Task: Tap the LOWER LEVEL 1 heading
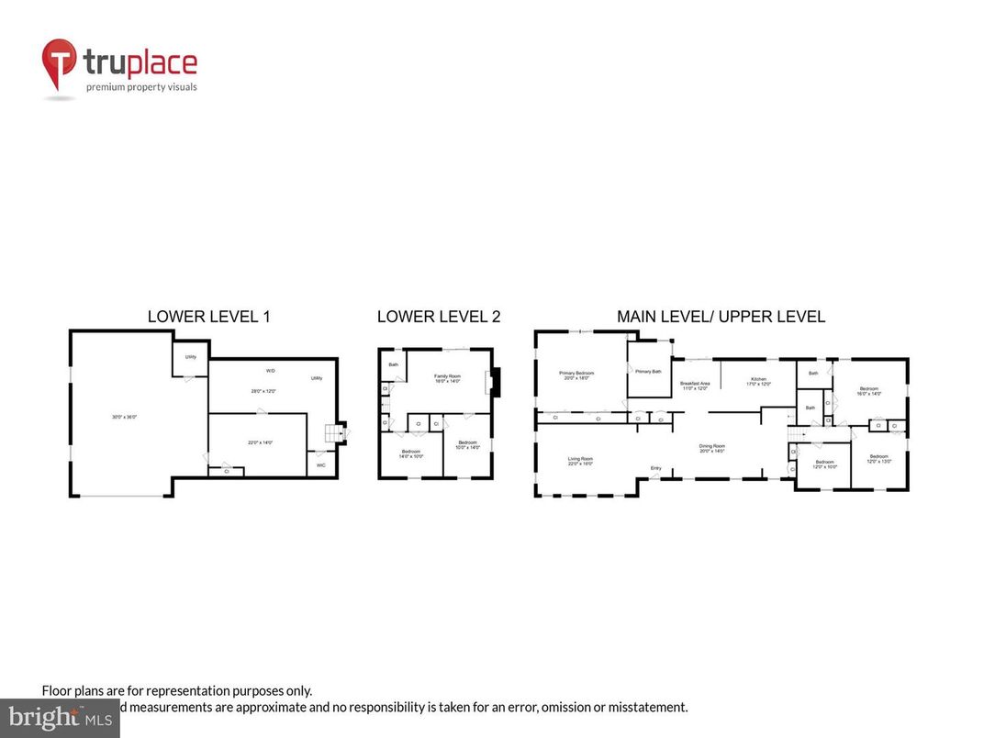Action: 208,317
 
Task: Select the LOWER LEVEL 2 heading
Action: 439,317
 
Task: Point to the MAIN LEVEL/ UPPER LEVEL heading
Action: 721,317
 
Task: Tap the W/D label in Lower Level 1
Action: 271,371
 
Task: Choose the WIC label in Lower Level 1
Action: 321,465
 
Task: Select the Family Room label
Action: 447,376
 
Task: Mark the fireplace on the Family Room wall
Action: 497,382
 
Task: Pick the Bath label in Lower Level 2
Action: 393,364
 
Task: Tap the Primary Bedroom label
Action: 576,373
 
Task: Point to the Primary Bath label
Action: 648,371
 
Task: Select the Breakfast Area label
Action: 694,384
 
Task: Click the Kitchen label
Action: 758,378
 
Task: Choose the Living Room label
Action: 579,459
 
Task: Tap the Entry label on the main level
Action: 656,469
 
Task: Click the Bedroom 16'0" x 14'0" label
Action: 868,389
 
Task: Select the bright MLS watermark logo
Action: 60,718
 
